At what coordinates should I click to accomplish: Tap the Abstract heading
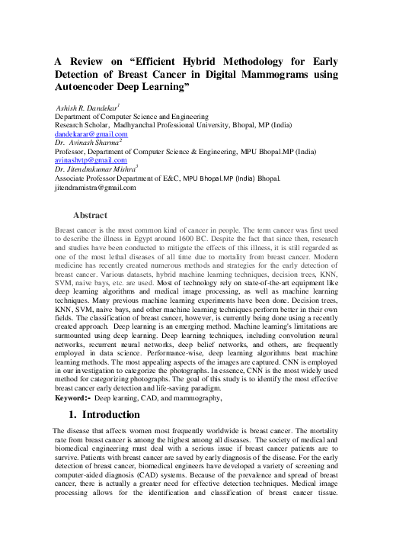pyautogui.click(x=90, y=216)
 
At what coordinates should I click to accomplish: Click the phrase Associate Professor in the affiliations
pyautogui.click(x=94, y=178)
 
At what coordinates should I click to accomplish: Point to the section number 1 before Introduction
pyautogui.click(x=72, y=415)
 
